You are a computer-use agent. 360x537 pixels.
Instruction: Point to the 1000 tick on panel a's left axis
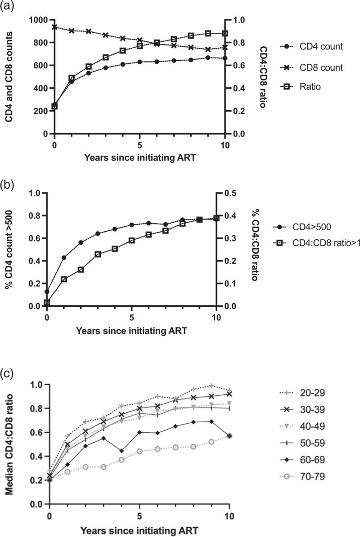(36, 20)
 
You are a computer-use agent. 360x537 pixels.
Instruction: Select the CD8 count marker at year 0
(54, 27)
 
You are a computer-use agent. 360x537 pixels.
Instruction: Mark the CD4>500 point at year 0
(47, 291)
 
